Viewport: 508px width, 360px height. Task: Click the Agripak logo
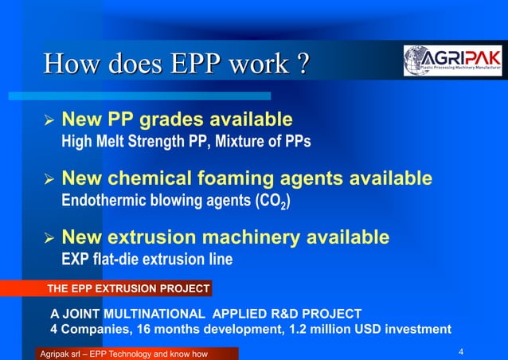452,61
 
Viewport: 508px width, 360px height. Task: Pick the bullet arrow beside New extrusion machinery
48,239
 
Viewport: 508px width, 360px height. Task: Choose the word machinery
253,237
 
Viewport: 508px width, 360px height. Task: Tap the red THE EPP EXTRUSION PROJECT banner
128,288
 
